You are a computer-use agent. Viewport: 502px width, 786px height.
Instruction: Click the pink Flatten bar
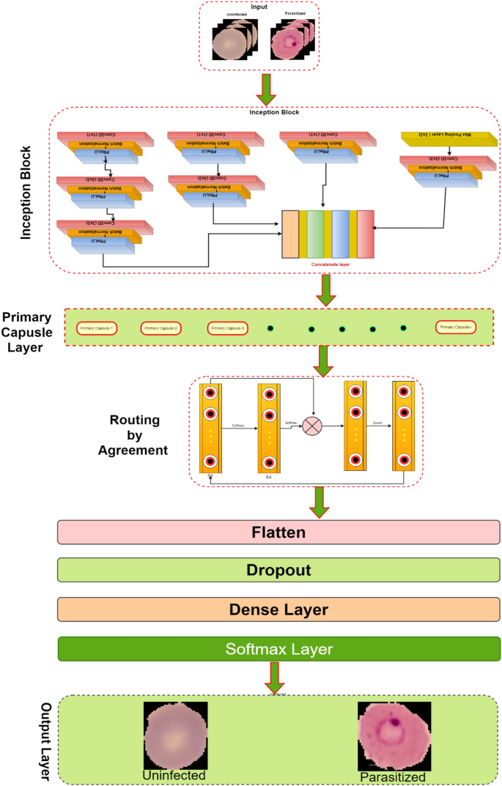tap(278, 532)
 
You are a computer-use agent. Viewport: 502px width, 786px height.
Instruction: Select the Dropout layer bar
tap(278, 570)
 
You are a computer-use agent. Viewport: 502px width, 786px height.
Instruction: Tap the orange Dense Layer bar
tap(278, 609)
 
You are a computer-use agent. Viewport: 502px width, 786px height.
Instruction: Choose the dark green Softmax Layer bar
tap(278, 648)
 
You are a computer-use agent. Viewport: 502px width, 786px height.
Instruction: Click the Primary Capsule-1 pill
tap(97, 327)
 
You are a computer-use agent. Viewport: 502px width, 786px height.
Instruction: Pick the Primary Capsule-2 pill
tap(162, 327)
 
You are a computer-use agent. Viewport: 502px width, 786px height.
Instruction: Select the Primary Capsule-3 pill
tap(228, 327)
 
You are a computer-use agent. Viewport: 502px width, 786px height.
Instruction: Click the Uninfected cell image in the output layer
tap(175, 735)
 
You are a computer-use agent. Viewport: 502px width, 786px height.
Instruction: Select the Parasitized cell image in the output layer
tap(394, 735)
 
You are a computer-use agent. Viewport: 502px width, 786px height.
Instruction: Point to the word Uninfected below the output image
tap(175, 775)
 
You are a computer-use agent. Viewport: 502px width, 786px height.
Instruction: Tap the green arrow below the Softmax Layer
tap(275, 677)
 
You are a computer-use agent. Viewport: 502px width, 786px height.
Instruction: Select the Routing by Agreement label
tap(139, 435)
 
